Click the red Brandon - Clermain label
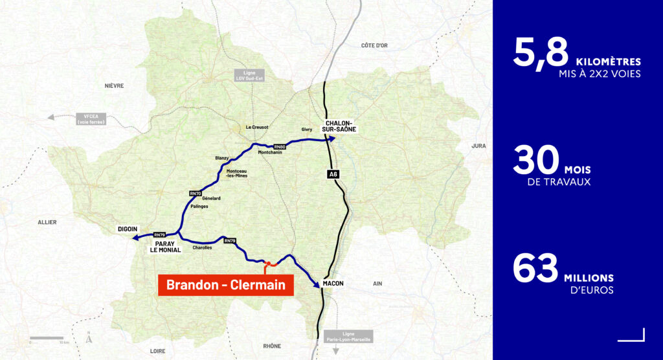226,284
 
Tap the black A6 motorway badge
331,173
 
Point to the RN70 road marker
196,193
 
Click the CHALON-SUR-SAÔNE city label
339,126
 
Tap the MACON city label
333,284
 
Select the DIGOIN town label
128,229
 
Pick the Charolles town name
202,247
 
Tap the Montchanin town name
269,152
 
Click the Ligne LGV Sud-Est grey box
249,76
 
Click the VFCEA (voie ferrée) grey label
90,118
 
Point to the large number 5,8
540,53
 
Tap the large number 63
535,269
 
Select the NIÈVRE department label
114,85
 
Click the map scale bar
47,338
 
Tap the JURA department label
478,146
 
